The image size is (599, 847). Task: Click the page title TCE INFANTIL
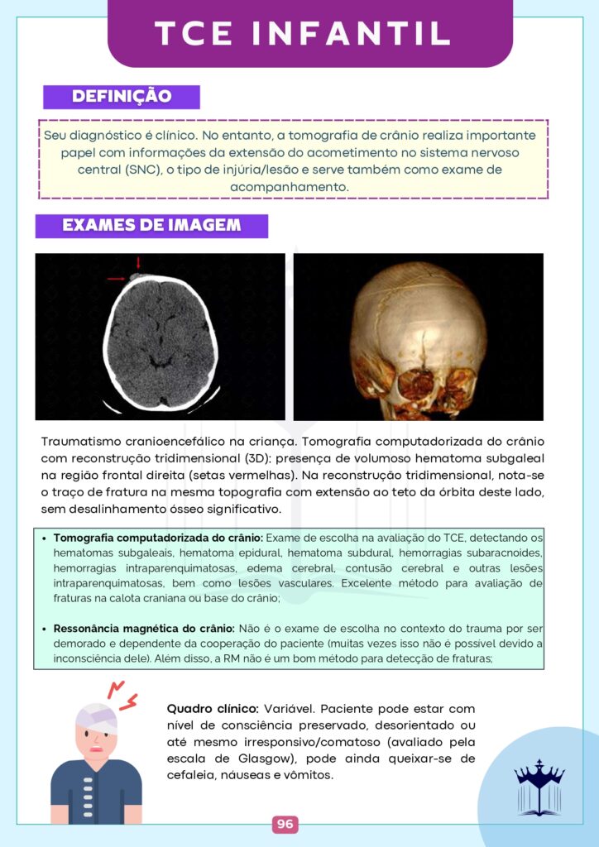(x=303, y=33)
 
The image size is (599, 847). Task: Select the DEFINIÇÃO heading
(x=122, y=97)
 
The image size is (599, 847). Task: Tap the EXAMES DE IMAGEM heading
(x=151, y=226)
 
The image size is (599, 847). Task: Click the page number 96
(x=285, y=824)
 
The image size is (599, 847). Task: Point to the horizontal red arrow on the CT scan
(x=116, y=279)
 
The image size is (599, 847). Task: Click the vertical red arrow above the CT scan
(x=138, y=264)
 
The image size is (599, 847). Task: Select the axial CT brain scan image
(x=161, y=337)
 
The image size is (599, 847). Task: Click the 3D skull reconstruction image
(x=418, y=337)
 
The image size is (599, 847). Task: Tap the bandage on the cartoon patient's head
(x=96, y=716)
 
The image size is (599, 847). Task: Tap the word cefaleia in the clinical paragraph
(x=195, y=775)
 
